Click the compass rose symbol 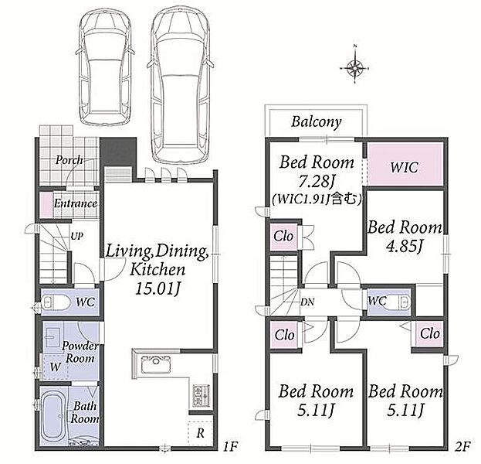coord(354,67)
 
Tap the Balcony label coord(317,122)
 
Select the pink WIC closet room coord(405,164)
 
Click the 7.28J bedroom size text coord(317,183)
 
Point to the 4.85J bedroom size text coord(405,246)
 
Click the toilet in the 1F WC coord(56,302)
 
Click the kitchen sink coord(155,365)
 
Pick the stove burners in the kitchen coord(200,394)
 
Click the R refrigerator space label coord(200,433)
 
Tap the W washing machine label coord(56,367)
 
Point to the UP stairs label coord(76,237)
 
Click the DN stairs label coord(307,302)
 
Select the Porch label coord(69,160)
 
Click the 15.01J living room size coord(158,289)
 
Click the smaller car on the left coord(105,67)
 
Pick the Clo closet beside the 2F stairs coord(283,237)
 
